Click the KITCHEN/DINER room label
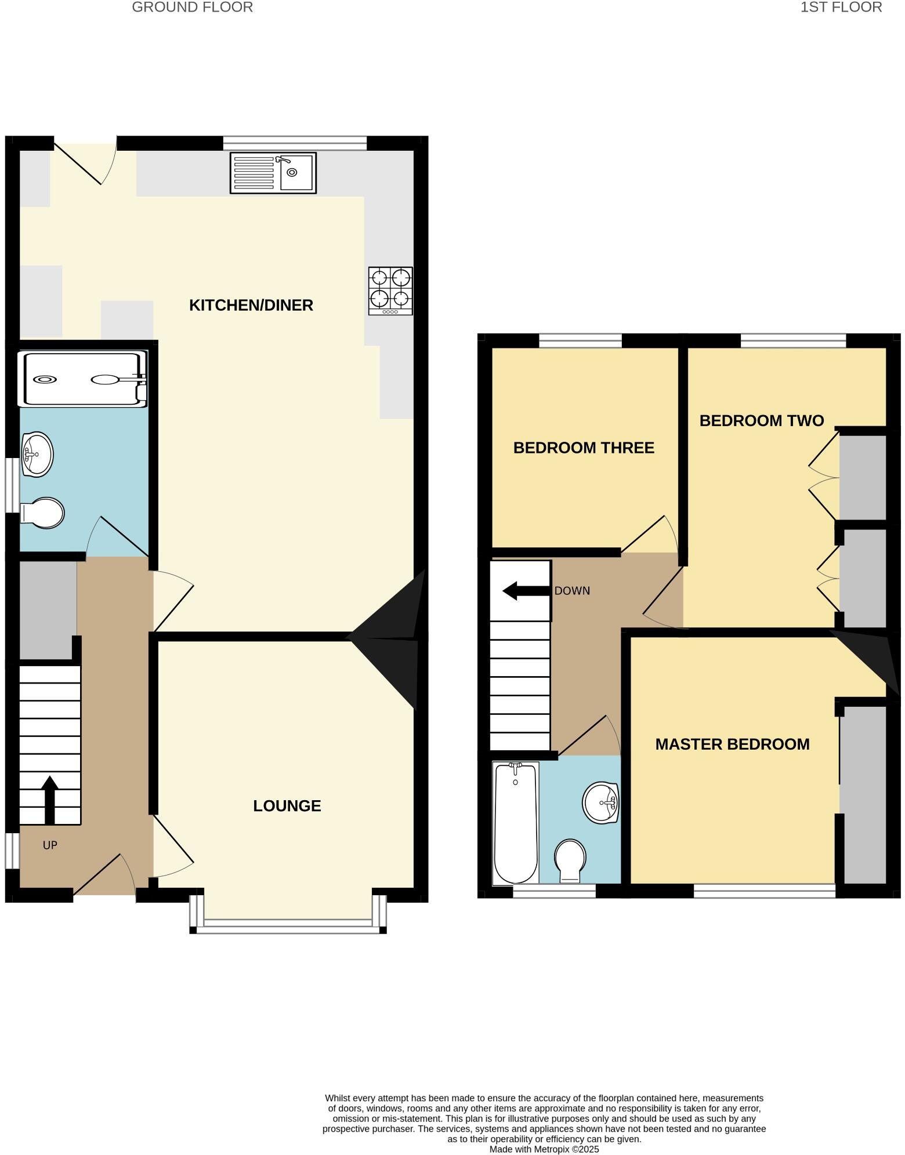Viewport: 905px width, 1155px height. [x=251, y=305]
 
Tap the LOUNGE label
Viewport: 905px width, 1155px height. [x=287, y=805]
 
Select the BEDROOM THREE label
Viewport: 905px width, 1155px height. [x=584, y=448]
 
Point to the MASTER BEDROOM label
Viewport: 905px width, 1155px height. [x=732, y=744]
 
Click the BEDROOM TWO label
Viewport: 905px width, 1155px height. [x=761, y=420]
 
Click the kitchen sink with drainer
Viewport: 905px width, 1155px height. [x=273, y=172]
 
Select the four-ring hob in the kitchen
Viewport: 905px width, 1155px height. [x=390, y=290]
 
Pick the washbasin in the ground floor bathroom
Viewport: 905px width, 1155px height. [x=37, y=454]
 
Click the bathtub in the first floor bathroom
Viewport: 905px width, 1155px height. [x=515, y=823]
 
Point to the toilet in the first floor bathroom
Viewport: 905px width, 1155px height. [x=570, y=860]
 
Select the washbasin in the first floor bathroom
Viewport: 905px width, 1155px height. [x=601, y=803]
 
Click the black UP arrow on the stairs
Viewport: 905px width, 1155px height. [x=50, y=800]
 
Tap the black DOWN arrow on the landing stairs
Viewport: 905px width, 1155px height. [x=526, y=591]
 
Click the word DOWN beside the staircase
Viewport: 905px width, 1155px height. [x=572, y=591]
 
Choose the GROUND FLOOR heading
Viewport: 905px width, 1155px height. [x=192, y=8]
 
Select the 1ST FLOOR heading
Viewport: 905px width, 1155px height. [x=841, y=8]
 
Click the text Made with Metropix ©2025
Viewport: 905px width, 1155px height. [x=544, y=1149]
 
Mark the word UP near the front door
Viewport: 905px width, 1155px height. [x=50, y=845]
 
